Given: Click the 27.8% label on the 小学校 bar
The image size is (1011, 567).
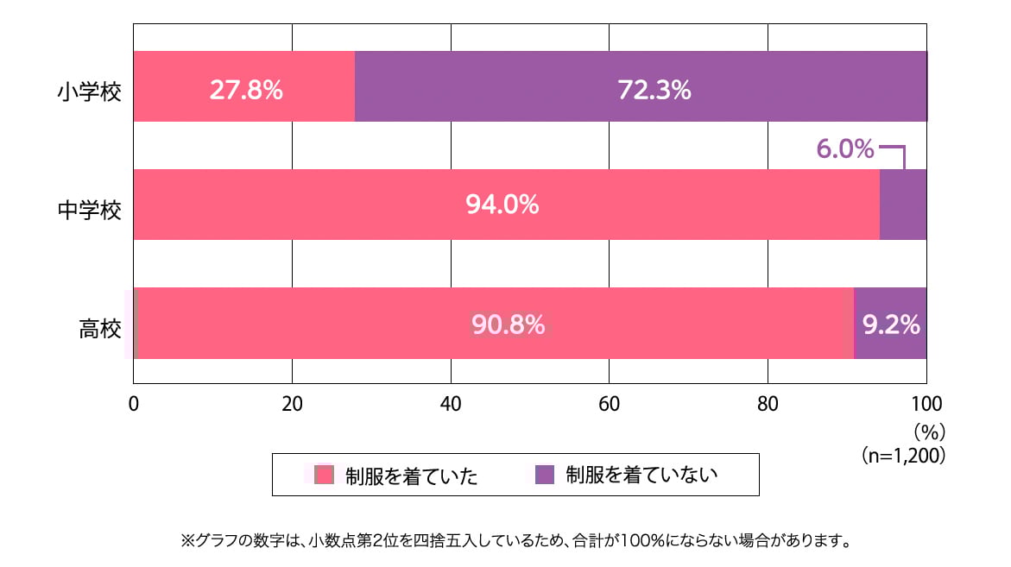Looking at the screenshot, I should pos(246,90).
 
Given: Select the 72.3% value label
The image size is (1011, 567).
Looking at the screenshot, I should pos(654,90).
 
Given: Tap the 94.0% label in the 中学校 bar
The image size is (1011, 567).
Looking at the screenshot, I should pos(502,205).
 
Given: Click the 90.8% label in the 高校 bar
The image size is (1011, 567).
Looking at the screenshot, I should pos(508,324).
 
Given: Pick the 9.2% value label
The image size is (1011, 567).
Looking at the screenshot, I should pos(891,324).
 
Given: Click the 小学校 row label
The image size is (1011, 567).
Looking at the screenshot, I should pos(90,90).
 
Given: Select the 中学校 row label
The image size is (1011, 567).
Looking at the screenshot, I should pos(90,209).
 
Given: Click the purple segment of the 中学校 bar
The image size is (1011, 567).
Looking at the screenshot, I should pos(903,205).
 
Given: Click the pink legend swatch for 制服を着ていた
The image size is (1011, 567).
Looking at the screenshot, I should pos(324,475).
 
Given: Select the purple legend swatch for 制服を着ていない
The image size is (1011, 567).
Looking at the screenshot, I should pos(545,475).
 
